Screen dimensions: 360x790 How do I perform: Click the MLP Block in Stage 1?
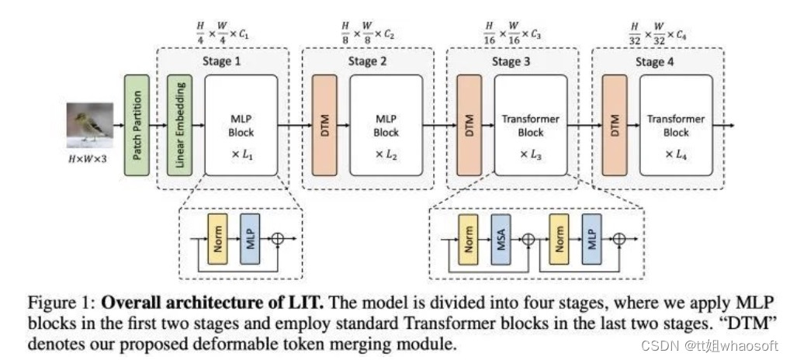point(241,124)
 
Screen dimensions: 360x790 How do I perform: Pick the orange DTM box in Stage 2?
point(324,123)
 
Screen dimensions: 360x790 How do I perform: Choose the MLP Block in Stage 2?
point(386,124)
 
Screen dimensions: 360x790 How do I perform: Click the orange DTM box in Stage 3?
point(469,123)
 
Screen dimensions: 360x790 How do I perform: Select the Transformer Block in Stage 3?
point(531,124)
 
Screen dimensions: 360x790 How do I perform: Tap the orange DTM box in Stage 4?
point(614,123)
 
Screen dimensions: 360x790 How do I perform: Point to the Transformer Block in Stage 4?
point(676,124)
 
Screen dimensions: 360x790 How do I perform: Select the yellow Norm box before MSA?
point(469,241)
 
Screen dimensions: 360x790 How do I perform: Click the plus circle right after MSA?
point(528,241)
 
